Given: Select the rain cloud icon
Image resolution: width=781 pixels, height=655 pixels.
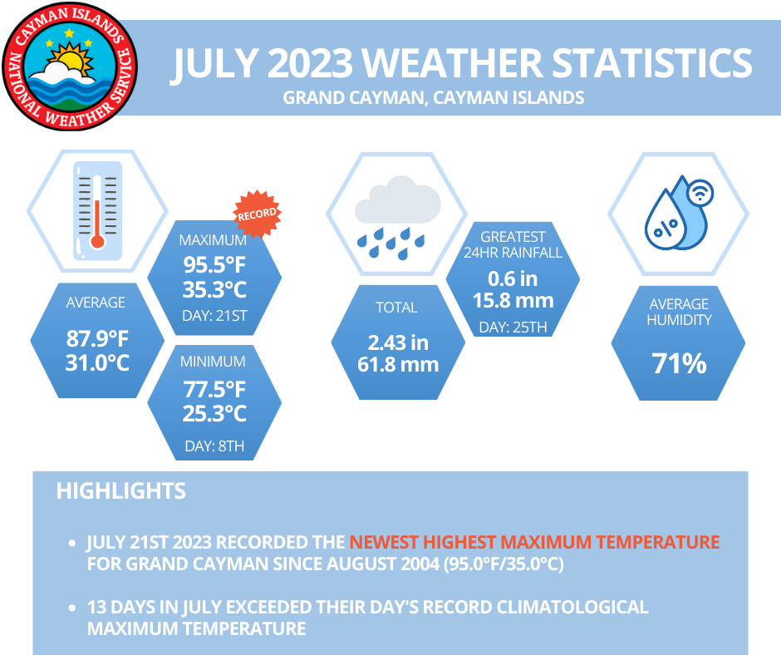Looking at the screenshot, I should (397, 214).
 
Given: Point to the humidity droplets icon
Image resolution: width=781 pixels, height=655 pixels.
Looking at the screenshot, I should (679, 214).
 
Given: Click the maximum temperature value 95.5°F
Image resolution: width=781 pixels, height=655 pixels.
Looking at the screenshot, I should (214, 266).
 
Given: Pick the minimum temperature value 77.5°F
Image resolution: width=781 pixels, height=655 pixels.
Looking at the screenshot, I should (214, 388).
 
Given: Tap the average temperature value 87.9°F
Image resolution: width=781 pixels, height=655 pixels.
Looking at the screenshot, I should (97, 339).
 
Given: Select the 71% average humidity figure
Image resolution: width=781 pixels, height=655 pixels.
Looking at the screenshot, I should (679, 363).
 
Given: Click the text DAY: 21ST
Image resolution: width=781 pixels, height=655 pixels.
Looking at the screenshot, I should (214, 316).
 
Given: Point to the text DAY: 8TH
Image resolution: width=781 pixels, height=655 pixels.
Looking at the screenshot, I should (214, 446).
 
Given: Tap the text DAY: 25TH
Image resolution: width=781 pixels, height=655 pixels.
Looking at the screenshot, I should (513, 327).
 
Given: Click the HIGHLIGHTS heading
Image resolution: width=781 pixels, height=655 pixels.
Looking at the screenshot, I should (120, 490).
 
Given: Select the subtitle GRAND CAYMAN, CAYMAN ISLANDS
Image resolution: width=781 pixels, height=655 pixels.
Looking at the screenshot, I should (433, 97).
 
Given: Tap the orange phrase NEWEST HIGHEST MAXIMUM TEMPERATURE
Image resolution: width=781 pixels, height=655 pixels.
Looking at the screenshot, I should (534, 542).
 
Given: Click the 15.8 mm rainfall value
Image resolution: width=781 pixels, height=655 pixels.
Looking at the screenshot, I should (513, 300).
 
